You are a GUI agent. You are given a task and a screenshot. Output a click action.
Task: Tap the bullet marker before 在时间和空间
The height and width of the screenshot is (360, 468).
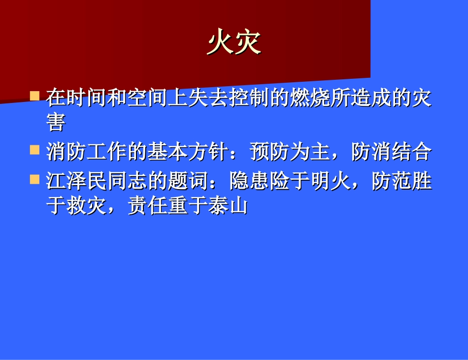[34, 95]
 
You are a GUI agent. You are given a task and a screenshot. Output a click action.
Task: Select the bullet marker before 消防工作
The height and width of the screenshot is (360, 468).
[34, 149]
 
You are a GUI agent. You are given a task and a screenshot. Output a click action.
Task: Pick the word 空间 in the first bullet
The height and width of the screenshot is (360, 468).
[137, 98]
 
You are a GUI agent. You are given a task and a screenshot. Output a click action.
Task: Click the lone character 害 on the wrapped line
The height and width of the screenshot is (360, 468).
[56, 123]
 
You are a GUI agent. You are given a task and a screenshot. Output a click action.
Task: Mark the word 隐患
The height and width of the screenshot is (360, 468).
[239, 182]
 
